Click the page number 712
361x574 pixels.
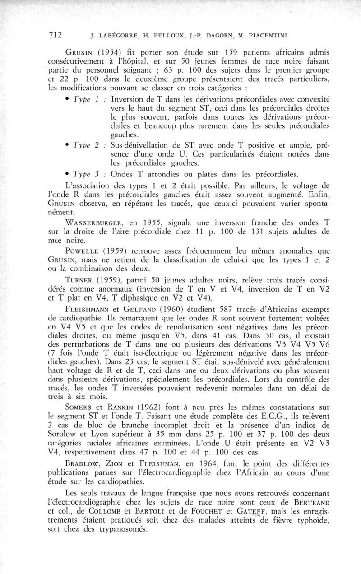56,35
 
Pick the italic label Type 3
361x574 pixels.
85,175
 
